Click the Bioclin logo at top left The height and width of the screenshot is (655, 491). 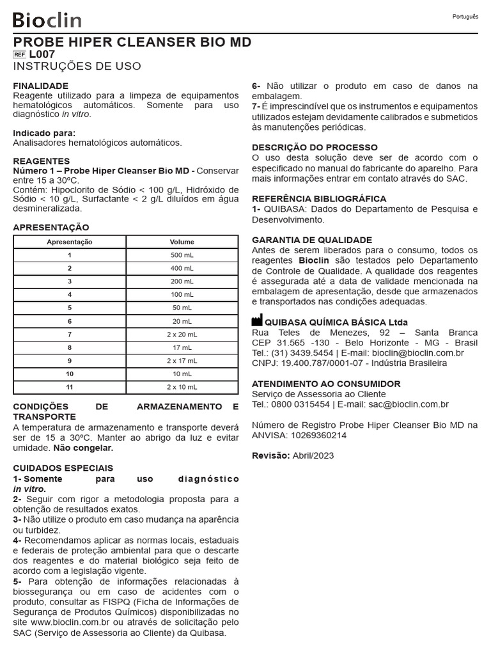47,20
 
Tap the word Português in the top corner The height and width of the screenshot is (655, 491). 465,17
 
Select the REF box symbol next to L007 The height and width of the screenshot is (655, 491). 19,55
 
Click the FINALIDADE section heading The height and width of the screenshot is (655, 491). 41,86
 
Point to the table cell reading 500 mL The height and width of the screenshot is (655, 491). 182,255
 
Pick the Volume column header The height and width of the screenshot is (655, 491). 182,242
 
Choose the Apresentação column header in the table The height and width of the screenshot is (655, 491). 70,242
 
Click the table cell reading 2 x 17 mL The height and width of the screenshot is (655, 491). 182,361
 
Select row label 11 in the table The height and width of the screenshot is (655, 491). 70,387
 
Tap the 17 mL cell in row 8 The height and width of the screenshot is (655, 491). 182,347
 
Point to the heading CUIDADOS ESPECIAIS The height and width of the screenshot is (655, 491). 63,468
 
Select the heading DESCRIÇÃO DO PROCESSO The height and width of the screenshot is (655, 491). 315,147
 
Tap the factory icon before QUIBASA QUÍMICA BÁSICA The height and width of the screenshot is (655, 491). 257,321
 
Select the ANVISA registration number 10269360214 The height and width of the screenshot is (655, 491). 317,435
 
